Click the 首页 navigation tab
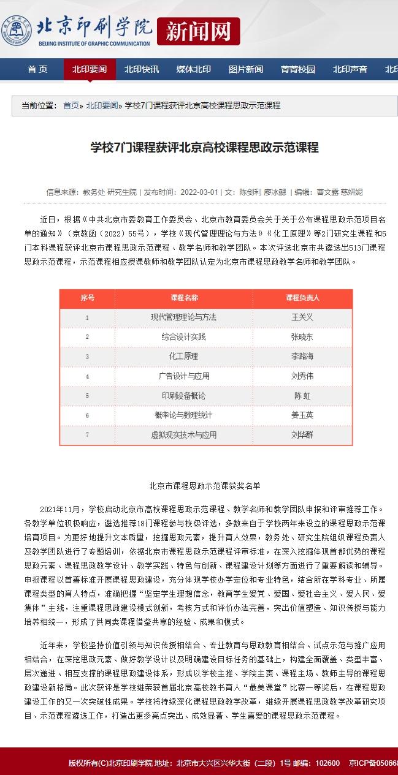[x=37, y=69]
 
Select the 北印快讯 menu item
[x=142, y=69]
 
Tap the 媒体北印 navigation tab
[x=194, y=69]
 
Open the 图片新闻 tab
[x=246, y=69]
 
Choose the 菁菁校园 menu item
[x=298, y=69]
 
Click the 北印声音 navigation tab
[x=350, y=69]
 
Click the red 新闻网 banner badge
[x=198, y=31]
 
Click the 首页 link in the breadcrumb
[x=71, y=105]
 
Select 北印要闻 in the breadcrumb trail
[x=101, y=105]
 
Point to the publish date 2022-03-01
[x=199, y=192]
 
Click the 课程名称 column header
[x=184, y=298]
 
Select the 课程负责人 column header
[x=302, y=298]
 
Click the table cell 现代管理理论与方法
[x=184, y=317]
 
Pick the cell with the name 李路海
[x=302, y=356]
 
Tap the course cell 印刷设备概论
[x=184, y=395]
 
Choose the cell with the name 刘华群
[x=302, y=434]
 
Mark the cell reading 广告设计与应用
[x=184, y=376]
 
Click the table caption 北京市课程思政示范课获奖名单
[x=205, y=485]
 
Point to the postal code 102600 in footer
[x=327, y=763]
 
